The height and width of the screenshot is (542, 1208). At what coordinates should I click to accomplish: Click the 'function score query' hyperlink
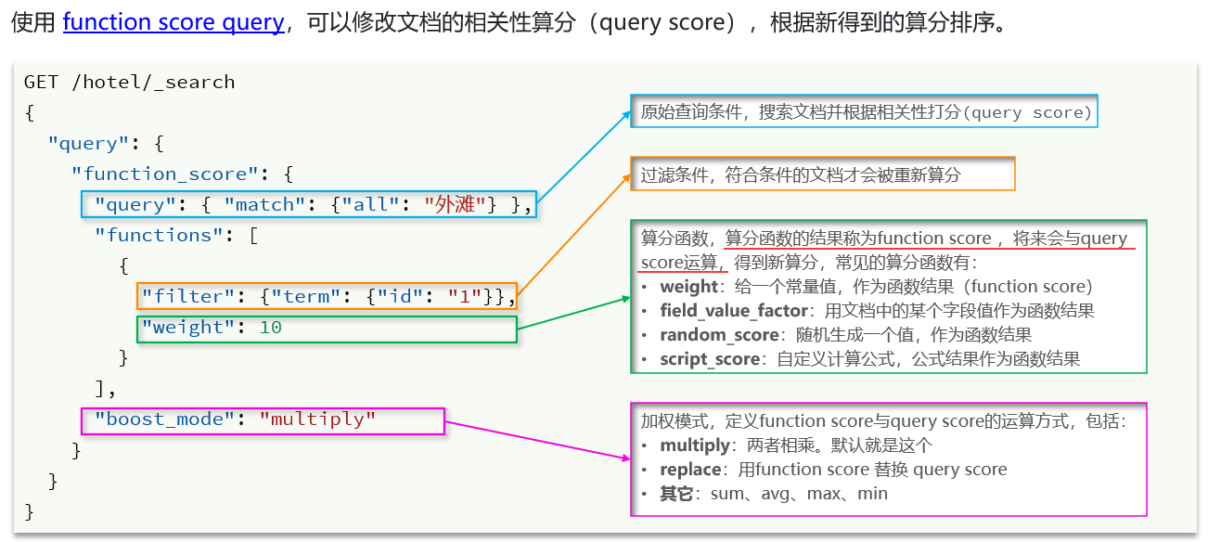click(173, 22)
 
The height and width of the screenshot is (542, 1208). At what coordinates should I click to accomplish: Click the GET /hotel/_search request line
click(129, 82)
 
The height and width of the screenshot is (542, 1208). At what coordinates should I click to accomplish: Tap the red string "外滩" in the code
click(456, 204)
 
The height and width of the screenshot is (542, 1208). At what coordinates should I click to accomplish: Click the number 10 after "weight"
click(271, 327)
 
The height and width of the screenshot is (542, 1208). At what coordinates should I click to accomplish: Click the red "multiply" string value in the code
click(317, 419)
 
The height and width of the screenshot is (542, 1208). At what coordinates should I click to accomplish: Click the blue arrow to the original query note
click(583, 157)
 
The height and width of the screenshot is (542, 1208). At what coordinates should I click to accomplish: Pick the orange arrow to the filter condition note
click(572, 233)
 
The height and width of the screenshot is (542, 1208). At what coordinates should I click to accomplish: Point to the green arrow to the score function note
click(573, 313)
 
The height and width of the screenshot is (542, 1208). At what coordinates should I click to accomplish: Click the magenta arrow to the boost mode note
click(538, 439)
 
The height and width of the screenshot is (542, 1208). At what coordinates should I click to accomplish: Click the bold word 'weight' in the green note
click(688, 287)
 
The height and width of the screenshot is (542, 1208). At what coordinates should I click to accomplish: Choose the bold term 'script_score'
click(706, 358)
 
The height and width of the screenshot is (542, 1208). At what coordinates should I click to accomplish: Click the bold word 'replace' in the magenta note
click(691, 470)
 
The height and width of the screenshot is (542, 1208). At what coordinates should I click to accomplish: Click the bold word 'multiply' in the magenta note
click(695, 445)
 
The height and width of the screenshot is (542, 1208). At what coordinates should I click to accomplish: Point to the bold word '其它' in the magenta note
click(676, 494)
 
